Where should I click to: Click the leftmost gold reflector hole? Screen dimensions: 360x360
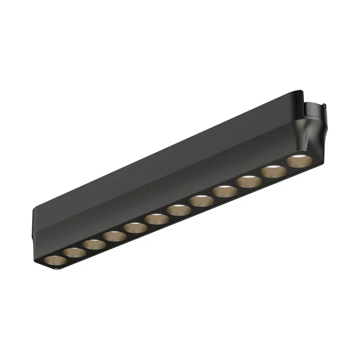point(53,260)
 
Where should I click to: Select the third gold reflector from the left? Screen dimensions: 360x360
point(95,243)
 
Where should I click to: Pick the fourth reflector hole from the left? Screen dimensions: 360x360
point(114,236)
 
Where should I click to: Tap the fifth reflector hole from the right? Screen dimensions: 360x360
point(201,200)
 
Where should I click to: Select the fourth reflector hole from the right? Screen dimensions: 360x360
point(224,191)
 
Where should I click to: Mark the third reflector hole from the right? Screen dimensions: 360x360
point(249,181)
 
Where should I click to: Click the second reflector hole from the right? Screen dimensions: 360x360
point(274,171)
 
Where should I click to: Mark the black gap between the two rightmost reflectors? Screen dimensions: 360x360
point(286,167)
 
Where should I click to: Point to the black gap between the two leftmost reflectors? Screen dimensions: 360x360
point(64,257)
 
